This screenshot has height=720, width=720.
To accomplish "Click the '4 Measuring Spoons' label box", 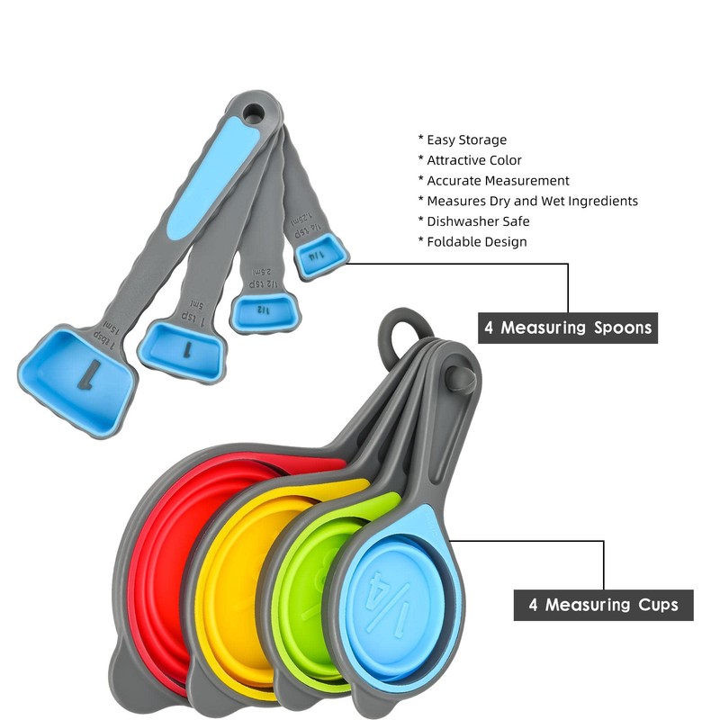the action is tap(567, 327).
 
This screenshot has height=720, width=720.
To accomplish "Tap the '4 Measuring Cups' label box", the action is tap(603, 604).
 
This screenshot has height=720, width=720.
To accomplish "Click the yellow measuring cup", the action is tap(229, 585).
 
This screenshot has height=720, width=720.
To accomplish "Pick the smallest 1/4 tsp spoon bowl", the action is tap(316, 256).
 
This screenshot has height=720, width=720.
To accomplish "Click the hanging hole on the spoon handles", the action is tap(254, 113).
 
